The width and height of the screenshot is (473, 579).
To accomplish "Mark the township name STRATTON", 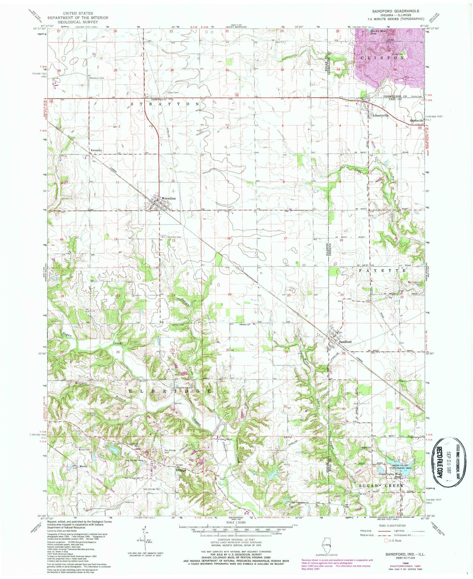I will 165,104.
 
